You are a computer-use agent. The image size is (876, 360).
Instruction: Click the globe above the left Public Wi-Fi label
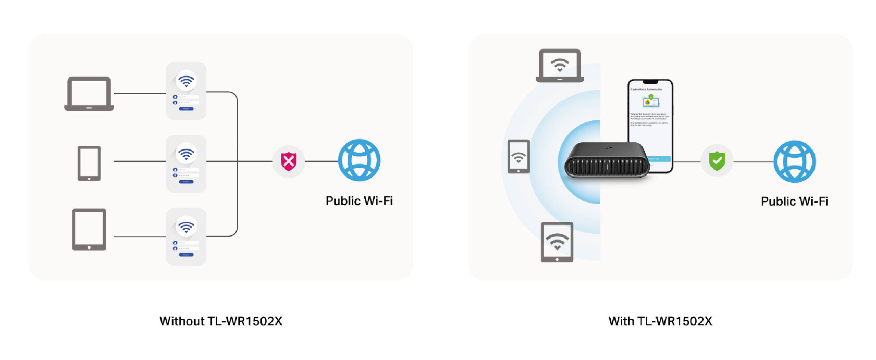click(x=359, y=160)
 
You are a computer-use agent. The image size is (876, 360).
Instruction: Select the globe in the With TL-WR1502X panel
click(x=794, y=162)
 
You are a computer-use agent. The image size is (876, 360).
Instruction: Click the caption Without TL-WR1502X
click(x=221, y=321)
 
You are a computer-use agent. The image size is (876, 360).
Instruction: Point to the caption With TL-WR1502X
click(x=660, y=321)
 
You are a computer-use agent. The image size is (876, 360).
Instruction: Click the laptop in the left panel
click(x=89, y=93)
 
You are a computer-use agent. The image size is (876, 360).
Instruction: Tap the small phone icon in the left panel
click(x=89, y=163)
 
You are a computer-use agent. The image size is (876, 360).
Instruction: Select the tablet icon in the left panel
click(x=89, y=229)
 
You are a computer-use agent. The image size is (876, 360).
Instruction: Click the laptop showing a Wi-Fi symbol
click(x=560, y=65)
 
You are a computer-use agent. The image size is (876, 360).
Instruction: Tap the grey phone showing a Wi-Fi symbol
click(x=518, y=157)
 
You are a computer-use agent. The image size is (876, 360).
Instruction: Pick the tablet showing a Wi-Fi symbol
click(x=557, y=242)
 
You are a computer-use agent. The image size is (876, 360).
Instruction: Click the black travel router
click(x=607, y=160)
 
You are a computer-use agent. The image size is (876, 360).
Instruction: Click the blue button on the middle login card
click(x=186, y=182)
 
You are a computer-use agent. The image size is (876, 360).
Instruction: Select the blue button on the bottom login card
click(x=186, y=255)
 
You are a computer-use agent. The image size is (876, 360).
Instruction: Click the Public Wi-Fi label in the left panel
click(x=359, y=201)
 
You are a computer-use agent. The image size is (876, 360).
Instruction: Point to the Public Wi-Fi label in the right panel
click(x=794, y=201)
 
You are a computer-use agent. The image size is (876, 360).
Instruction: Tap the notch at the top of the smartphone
click(x=650, y=82)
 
